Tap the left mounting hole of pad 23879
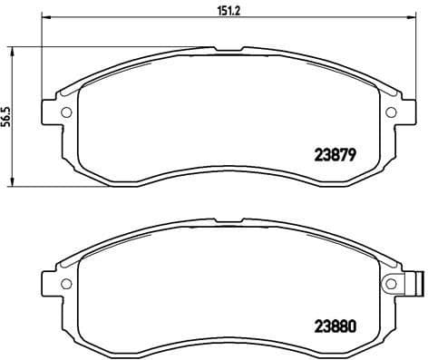click(x=66, y=113)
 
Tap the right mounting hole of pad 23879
click(x=392, y=113)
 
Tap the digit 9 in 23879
click(x=348, y=153)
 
